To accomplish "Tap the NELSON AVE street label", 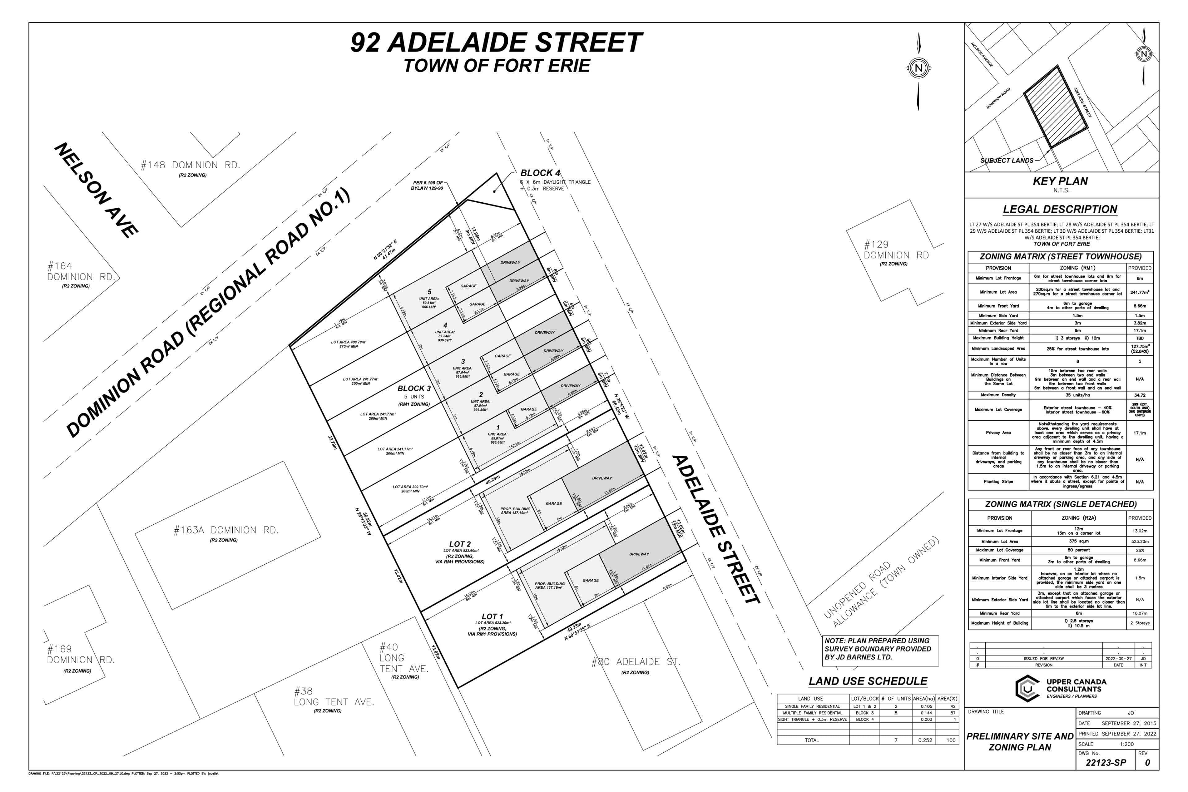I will tap(96, 190).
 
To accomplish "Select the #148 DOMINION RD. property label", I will tap(191, 165).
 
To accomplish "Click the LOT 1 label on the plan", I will tap(492, 617).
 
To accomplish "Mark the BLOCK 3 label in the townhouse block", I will tap(414, 389).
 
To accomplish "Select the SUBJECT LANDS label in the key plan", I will tap(1007, 161).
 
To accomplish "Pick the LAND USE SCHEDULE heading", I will tap(868, 681).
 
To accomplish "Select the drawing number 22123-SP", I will tap(1106, 763).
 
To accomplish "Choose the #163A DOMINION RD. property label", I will tap(226, 530).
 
